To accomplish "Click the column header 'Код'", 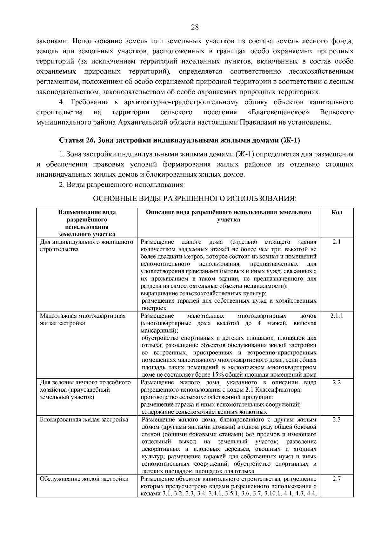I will point(337,212).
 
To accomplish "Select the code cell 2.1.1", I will point(337,316).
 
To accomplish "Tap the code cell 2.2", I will point(337,382).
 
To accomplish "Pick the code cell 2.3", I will point(337,419).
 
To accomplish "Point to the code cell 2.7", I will point(337,479).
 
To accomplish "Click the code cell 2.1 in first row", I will point(337,242).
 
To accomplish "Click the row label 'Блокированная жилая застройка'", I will point(84,420).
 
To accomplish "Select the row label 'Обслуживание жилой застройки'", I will point(84,479).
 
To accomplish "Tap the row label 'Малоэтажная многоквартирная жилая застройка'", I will point(83,320).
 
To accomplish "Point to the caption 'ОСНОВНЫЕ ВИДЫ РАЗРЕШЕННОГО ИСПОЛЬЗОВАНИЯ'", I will point(194,199).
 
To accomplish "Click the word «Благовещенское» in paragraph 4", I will point(278,112).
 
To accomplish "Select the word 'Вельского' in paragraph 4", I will point(337,112).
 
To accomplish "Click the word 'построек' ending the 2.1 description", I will point(154,308).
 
